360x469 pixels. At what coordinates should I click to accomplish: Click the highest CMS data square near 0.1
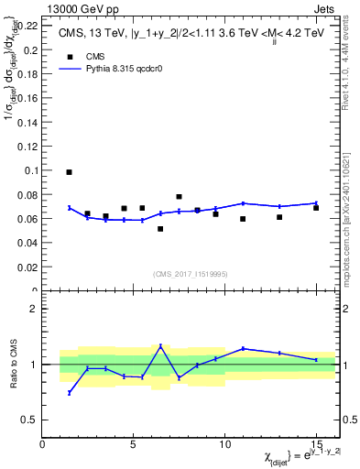click(x=69, y=172)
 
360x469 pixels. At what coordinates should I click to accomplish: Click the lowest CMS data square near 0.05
click(x=160, y=229)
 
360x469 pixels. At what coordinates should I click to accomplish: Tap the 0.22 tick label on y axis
click(x=27, y=25)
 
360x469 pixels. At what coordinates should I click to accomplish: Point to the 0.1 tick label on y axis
click(x=30, y=170)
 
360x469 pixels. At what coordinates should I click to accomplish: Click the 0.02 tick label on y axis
click(x=27, y=267)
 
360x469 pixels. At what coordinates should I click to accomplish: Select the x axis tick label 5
click(x=134, y=444)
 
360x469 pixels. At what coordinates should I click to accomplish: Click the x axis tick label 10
click(x=224, y=444)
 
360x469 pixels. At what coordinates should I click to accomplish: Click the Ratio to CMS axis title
click(x=12, y=364)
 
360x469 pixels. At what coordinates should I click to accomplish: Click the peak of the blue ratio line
click(x=160, y=345)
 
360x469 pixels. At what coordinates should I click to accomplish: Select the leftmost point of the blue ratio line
click(x=69, y=393)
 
